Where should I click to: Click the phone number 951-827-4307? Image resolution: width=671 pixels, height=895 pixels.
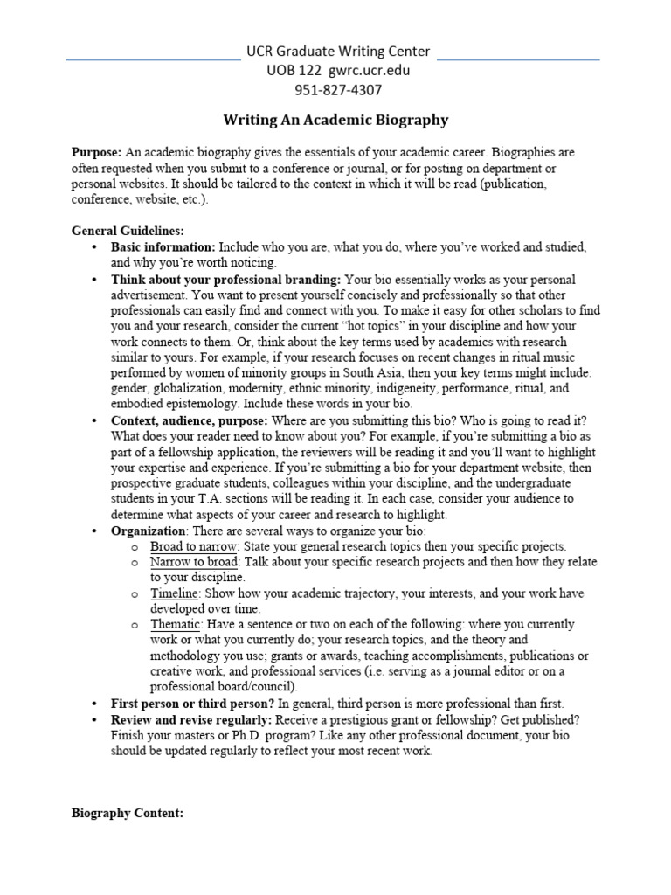[x=338, y=89]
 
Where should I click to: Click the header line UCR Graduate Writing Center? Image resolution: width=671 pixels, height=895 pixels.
[x=338, y=52]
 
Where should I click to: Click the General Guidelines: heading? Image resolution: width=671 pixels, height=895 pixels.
[x=128, y=231]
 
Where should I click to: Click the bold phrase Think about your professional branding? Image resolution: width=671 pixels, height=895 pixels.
[x=226, y=280]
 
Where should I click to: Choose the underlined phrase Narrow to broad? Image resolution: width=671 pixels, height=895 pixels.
[x=194, y=562]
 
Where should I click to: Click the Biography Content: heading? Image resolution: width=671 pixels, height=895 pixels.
[x=128, y=813]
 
